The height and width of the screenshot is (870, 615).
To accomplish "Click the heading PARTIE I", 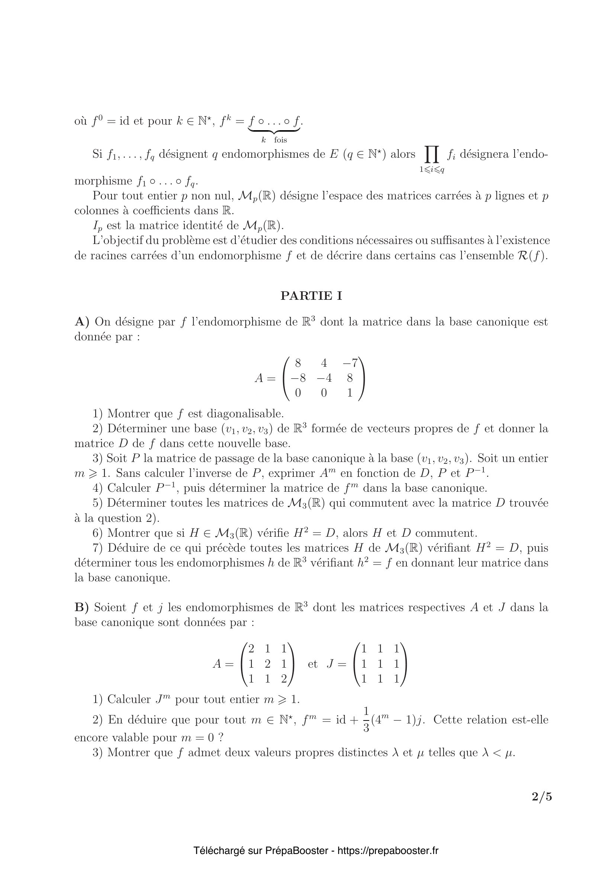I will (x=311, y=296).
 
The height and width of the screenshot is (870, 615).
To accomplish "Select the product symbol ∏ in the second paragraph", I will (x=432, y=155).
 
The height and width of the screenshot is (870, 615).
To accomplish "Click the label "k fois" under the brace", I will (x=274, y=140).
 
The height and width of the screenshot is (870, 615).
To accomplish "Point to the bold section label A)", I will (x=82, y=322).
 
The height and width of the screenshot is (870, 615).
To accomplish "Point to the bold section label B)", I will (x=81, y=607).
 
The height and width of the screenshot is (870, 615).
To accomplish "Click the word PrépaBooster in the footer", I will (x=296, y=851).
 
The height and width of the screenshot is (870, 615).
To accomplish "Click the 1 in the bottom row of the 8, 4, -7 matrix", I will (x=350, y=393).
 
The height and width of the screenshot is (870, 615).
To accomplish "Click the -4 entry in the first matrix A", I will (x=324, y=378).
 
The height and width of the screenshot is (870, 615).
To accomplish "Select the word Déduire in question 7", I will (x=129, y=548).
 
